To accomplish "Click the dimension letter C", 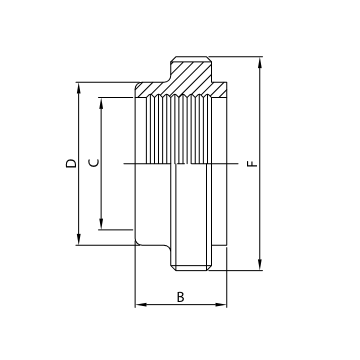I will pos(93,163).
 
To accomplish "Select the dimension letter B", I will pos(180,297).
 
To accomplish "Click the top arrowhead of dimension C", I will pos(102,99).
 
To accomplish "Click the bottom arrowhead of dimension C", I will pos(102,227).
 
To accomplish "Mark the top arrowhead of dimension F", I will pos(259,59).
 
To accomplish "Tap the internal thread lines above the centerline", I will pos(175,125).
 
